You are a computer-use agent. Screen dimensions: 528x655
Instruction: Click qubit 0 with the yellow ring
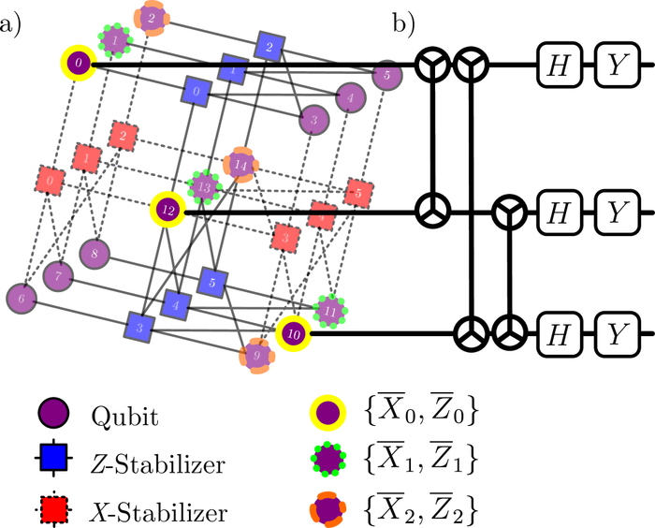(79, 64)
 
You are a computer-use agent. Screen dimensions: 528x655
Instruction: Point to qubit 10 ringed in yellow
(292, 332)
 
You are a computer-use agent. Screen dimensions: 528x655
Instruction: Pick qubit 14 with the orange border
(240, 165)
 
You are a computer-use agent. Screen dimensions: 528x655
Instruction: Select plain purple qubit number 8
(94, 253)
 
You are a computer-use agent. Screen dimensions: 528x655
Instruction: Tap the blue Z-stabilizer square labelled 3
(139, 328)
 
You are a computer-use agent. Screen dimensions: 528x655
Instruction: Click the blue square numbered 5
(214, 279)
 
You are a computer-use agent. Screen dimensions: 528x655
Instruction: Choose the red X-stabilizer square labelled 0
(51, 178)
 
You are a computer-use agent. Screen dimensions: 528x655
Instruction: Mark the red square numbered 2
(121, 135)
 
